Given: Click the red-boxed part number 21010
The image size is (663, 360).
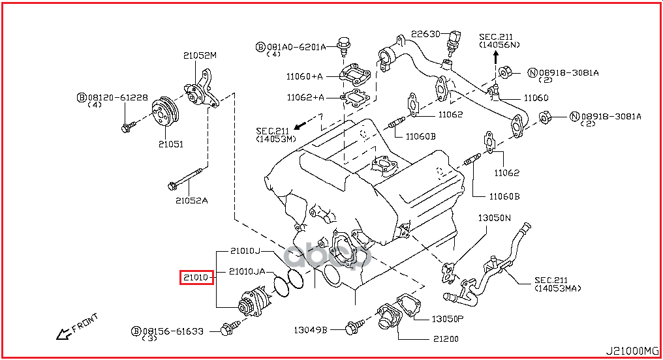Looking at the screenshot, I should point(195,277).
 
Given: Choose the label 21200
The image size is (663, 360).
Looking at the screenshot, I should point(445,338).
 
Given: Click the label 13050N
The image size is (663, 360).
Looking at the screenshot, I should point(495,218).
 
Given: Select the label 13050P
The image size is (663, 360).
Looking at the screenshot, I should point(448,319).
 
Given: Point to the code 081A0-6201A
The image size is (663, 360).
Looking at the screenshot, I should point(295,46).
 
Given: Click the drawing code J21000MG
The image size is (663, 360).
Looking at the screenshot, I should point(634,350).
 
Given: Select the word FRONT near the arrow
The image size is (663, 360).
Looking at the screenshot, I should point(85,322).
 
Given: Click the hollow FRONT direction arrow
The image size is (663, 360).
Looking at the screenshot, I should point(63,335).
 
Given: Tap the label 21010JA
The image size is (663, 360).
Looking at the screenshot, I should point(247,271).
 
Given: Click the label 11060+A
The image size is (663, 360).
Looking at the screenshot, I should point(304,76).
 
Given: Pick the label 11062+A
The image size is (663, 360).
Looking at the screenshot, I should point(304,97).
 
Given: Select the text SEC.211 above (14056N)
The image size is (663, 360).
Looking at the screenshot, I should point(497,36).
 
